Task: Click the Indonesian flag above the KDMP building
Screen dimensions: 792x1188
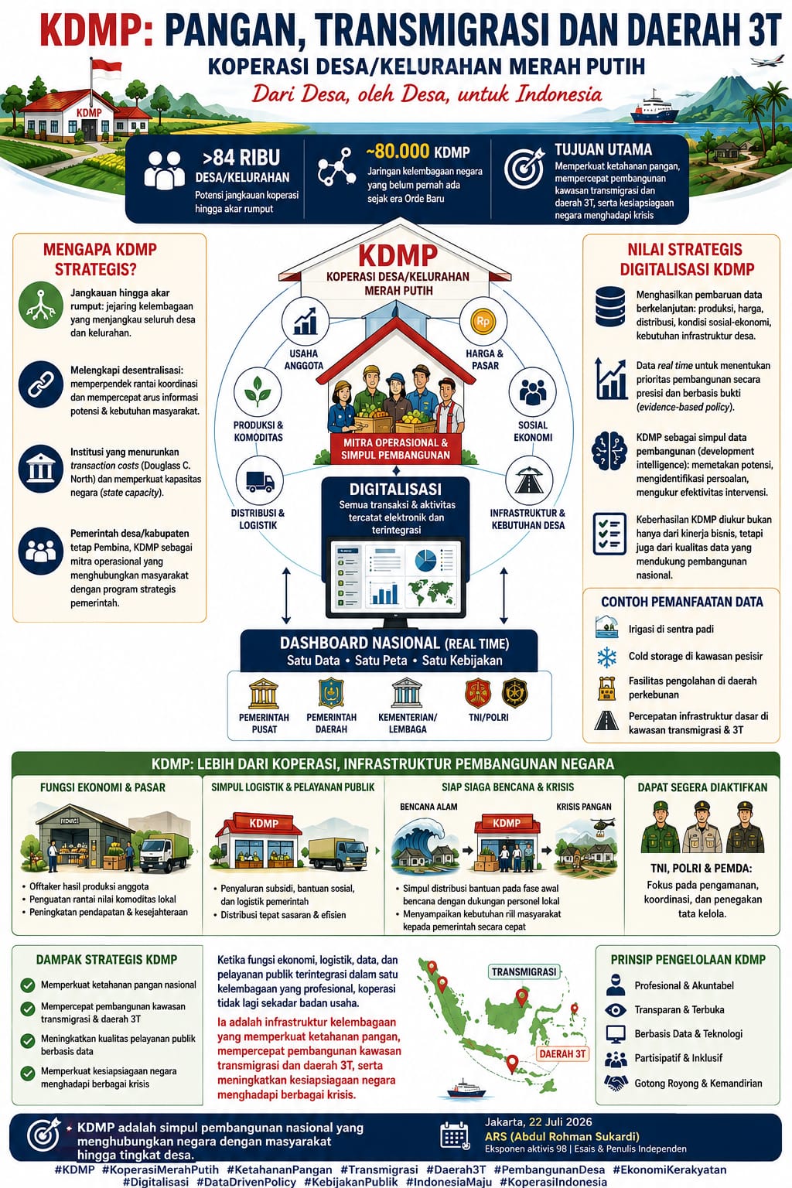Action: click(x=105, y=68)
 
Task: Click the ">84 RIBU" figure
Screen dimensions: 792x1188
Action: click(x=241, y=157)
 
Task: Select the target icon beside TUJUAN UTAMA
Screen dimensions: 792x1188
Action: click(x=524, y=168)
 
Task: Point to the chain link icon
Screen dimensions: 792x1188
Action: click(x=41, y=384)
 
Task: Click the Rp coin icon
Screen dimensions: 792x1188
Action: click(x=483, y=321)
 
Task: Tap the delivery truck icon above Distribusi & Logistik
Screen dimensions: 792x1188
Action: click(x=260, y=482)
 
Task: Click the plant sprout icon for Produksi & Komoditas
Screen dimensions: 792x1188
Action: click(x=258, y=391)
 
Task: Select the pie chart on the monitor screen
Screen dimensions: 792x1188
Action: click(x=425, y=561)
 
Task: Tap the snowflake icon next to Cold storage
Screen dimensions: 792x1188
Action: click(x=606, y=657)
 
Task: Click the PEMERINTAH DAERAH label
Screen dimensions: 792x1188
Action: click(x=332, y=723)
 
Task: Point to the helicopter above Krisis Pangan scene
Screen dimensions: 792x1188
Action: click(x=603, y=825)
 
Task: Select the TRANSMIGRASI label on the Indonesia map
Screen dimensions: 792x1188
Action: click(x=524, y=971)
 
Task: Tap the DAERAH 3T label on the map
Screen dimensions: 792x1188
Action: click(x=562, y=1054)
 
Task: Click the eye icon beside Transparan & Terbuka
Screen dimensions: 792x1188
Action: click(x=615, y=1010)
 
